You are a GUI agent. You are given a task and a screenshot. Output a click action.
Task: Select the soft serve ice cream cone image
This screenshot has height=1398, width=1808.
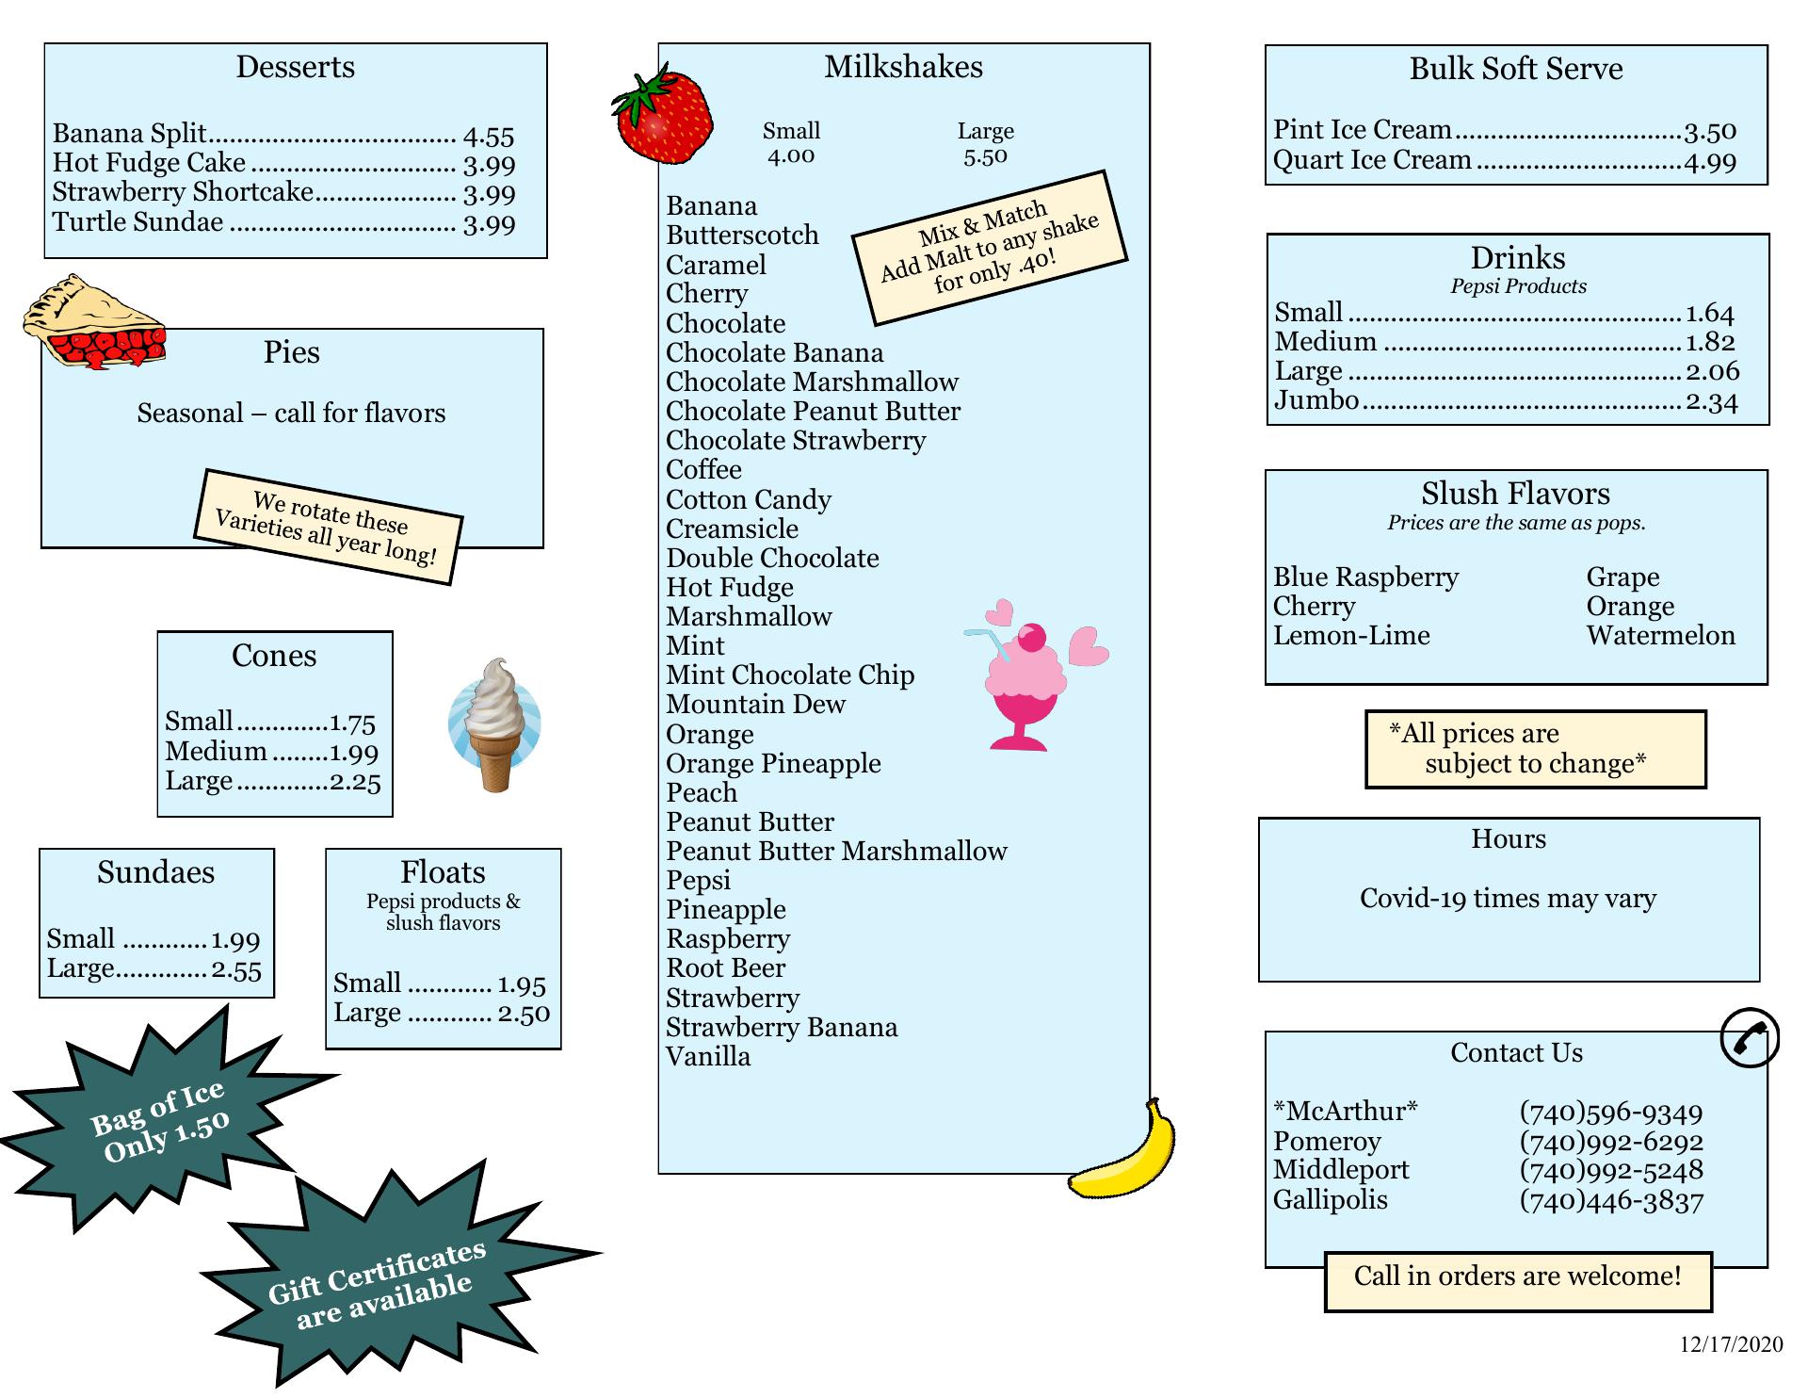(x=495, y=723)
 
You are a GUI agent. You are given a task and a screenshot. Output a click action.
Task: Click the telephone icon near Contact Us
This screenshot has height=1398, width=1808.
(x=1749, y=1038)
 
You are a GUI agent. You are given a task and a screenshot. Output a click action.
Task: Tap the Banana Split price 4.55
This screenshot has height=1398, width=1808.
(x=489, y=137)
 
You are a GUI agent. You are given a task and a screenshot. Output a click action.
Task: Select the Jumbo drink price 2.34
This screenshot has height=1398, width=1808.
(x=1711, y=402)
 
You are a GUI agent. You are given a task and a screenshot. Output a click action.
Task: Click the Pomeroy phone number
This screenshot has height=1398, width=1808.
(x=1610, y=1142)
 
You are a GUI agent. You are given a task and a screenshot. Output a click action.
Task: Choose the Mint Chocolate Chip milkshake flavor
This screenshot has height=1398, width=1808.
(x=790, y=675)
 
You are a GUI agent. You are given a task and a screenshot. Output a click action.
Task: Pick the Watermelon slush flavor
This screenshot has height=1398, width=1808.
(x=1660, y=636)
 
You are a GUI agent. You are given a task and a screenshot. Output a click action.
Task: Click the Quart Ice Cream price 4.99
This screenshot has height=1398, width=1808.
(x=1710, y=162)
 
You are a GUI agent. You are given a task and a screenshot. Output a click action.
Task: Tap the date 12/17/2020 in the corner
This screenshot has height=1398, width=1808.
(x=1731, y=1344)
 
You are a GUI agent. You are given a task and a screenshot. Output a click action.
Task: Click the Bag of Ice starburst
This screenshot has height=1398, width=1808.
(x=161, y=1122)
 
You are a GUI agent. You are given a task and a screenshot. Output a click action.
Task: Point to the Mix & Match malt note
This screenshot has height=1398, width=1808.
(x=990, y=247)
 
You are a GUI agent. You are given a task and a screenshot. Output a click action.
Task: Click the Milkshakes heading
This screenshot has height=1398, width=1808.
(x=903, y=67)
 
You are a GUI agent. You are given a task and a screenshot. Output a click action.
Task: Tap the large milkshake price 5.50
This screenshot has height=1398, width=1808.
(x=985, y=157)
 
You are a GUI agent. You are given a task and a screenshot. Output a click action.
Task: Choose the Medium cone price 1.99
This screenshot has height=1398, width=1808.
(x=353, y=753)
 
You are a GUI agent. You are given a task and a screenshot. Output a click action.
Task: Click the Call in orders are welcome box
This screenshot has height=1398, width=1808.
(x=1517, y=1277)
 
